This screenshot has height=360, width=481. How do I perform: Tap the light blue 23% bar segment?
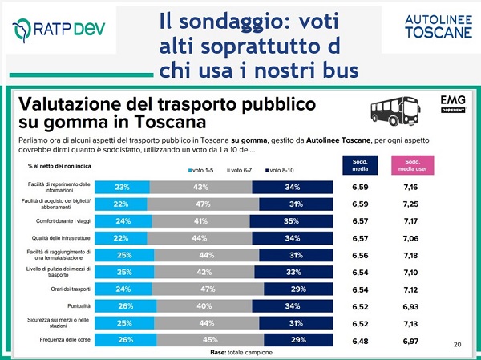(123, 187)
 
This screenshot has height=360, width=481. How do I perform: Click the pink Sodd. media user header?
(407, 164)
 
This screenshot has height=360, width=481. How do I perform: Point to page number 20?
(457, 345)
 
